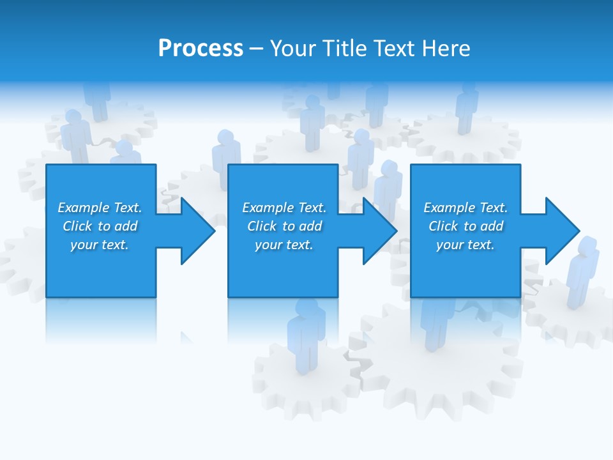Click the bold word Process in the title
click(x=201, y=48)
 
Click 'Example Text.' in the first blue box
click(x=100, y=208)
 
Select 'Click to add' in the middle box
click(x=284, y=226)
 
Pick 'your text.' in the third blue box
click(x=465, y=245)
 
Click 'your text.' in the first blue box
click(x=100, y=245)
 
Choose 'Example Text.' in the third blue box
click(x=465, y=208)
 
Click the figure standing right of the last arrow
click(x=582, y=272)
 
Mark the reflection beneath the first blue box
click(x=101, y=319)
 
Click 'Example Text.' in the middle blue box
click(x=284, y=208)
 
